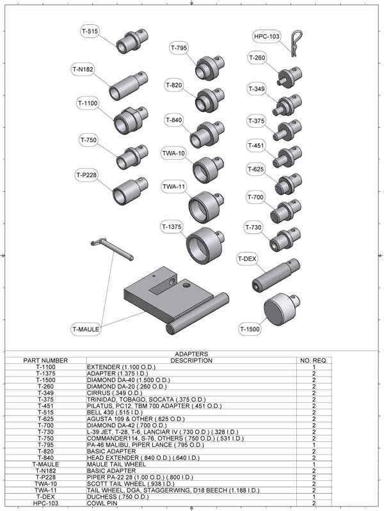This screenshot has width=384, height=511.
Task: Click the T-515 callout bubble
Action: coord(90,31)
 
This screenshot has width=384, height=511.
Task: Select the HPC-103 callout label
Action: coord(266,36)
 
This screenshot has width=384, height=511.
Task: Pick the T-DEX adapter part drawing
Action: coord(273,274)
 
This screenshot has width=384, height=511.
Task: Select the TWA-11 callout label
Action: coord(173,187)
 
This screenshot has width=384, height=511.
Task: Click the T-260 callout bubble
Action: coord(257,58)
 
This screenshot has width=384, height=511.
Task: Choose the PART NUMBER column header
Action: coord(45,361)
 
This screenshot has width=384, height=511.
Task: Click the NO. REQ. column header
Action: coord(314,361)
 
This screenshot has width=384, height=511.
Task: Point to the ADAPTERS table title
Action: coord(191,354)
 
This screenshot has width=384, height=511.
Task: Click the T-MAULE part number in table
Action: coord(45,464)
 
